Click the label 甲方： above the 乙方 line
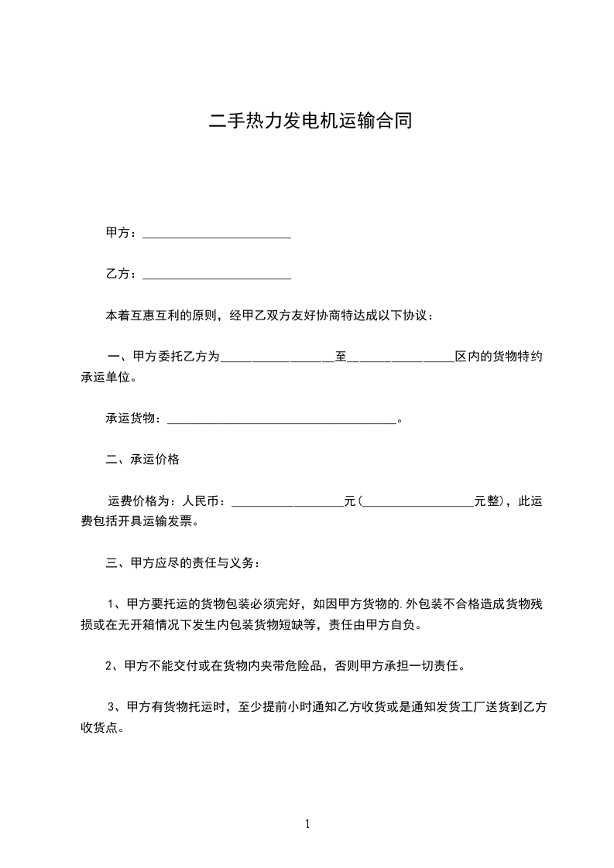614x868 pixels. tap(122, 232)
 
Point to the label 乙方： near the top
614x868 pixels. tap(122, 274)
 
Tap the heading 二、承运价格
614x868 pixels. tap(142, 460)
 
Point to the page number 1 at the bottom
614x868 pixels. tap(307, 824)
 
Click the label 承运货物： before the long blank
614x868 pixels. tap(134, 419)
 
